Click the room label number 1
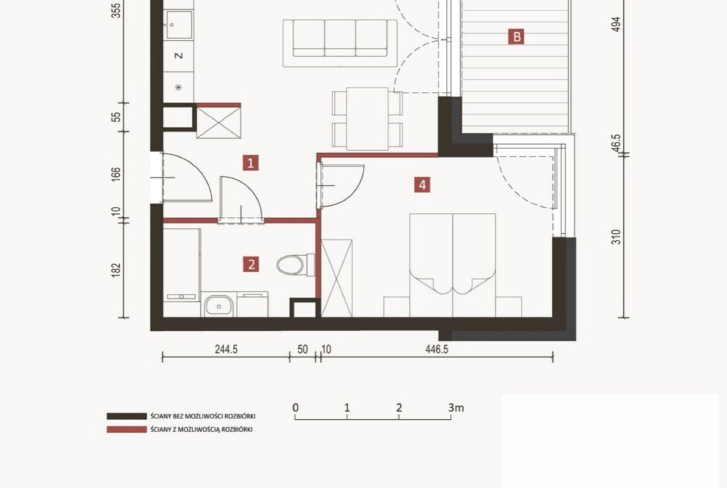[251, 163]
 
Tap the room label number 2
[251, 264]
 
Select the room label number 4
[422, 185]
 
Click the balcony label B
[516, 36]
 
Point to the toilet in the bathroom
[295, 265]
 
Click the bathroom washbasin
[219, 305]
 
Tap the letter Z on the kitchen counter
[178, 56]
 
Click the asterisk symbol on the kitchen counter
[178, 87]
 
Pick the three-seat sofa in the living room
[340, 43]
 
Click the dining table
[367, 119]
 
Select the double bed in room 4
[452, 265]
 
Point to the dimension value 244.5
[226, 349]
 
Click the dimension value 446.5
[437, 349]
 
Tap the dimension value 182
[116, 270]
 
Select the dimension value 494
[616, 24]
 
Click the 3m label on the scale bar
[456, 408]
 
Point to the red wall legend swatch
[127, 430]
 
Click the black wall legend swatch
[127, 416]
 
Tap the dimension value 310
[616, 237]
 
